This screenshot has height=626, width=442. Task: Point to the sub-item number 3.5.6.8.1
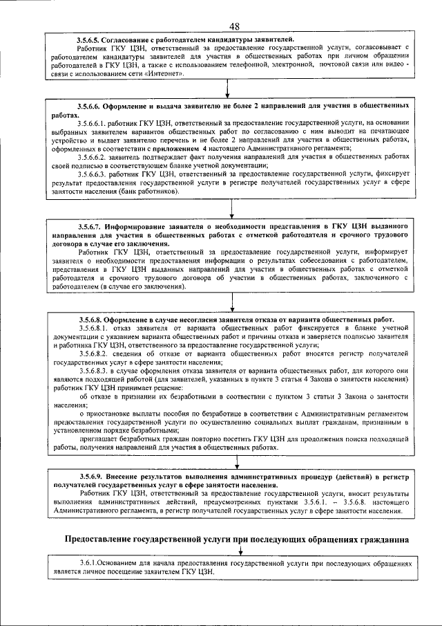click(x=96, y=329)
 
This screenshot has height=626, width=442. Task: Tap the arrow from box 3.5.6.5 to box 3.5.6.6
click(x=228, y=90)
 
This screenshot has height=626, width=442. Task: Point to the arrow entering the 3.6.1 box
click(x=240, y=551)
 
